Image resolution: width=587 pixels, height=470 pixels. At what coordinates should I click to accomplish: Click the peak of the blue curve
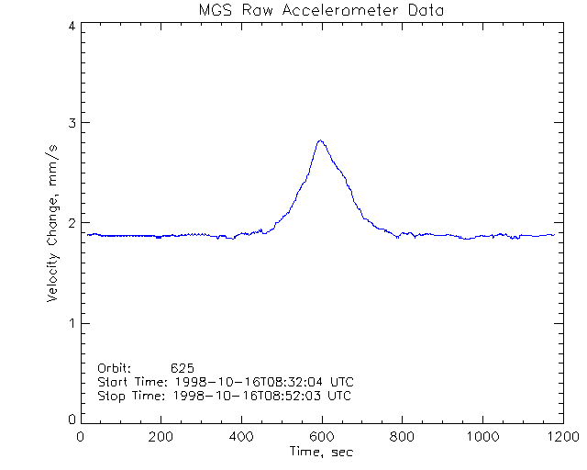(319, 140)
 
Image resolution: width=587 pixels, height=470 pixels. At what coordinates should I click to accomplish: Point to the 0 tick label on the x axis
(82, 437)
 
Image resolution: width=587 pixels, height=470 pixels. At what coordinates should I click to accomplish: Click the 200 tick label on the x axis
(161, 437)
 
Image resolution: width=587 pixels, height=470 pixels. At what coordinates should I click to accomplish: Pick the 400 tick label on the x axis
(241, 437)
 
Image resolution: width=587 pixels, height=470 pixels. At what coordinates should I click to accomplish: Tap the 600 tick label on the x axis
(321, 437)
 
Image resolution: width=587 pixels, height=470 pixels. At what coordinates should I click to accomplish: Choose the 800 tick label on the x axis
(401, 437)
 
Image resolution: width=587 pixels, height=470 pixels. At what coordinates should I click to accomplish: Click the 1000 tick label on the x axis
(481, 437)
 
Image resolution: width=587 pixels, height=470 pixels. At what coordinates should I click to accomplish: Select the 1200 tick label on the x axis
(559, 437)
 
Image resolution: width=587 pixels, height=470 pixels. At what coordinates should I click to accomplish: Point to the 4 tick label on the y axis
(71, 26)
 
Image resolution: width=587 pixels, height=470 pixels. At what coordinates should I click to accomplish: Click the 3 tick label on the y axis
(71, 124)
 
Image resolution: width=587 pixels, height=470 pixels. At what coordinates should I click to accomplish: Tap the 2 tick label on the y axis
(71, 223)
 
